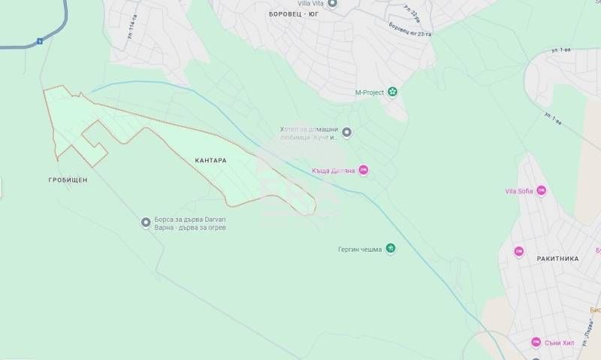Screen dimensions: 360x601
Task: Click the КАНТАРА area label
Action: point(210,160)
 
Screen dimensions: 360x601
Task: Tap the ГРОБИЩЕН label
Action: point(67,180)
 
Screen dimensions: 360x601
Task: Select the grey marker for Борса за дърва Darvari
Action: point(146,222)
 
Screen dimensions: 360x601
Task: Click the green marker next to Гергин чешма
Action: point(390,250)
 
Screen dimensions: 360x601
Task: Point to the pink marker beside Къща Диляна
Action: point(364,171)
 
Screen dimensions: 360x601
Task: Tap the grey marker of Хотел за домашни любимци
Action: point(347,133)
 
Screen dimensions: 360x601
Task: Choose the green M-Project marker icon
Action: point(391,92)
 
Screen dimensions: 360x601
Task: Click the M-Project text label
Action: point(369,92)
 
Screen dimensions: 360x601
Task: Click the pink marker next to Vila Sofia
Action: point(541,191)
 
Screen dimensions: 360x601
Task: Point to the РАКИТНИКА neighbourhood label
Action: point(557,258)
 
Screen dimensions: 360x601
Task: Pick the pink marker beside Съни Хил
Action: point(536,342)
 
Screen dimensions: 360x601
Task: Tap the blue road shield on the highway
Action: point(39,42)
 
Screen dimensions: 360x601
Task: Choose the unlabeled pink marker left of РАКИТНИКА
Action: point(518,251)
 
